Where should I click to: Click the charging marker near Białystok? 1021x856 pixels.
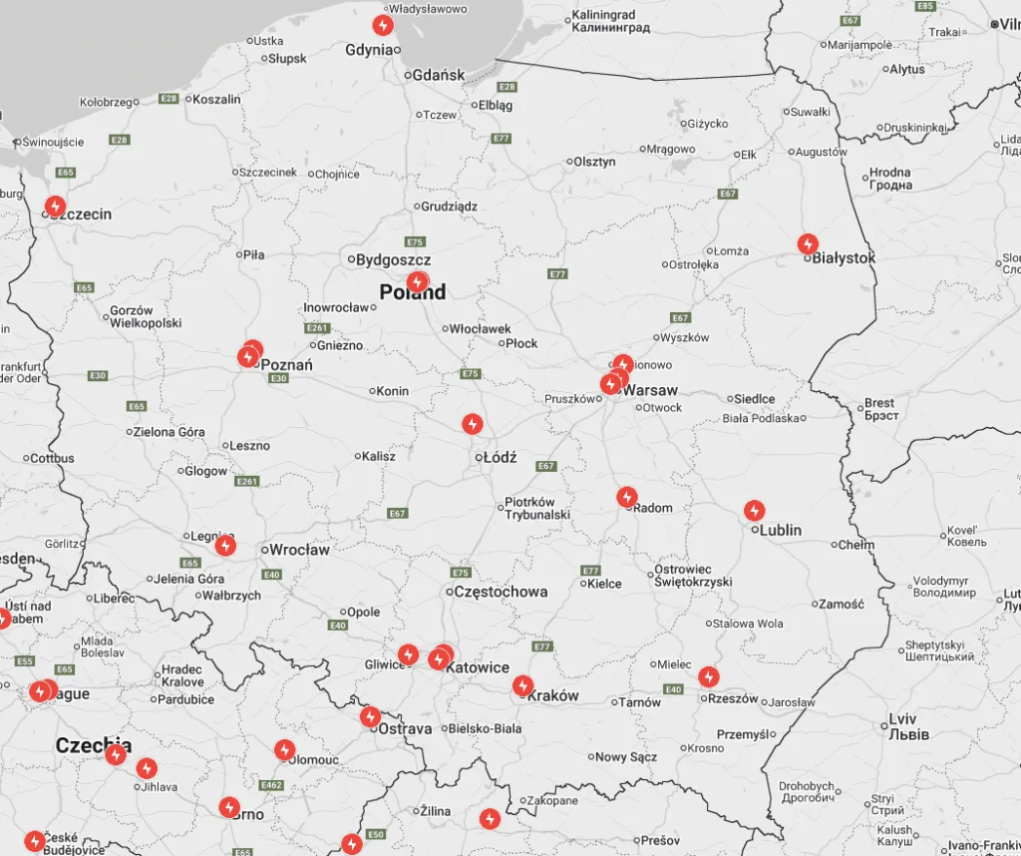click(x=808, y=243)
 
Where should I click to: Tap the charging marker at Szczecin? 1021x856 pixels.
click(x=56, y=207)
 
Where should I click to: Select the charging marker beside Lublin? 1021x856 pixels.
click(x=755, y=511)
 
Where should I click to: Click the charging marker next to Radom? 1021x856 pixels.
click(x=626, y=496)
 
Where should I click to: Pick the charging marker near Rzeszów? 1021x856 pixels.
click(x=708, y=676)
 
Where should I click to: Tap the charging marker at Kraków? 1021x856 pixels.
click(x=522, y=685)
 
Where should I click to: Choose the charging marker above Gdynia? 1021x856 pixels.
click(x=383, y=25)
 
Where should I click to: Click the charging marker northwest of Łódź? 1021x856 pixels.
click(x=473, y=424)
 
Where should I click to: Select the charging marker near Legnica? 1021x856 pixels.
click(x=226, y=545)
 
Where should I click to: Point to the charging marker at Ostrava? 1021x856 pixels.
click(x=370, y=716)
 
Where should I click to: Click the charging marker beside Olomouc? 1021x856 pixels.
click(x=285, y=749)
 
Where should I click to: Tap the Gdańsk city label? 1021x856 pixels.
click(x=439, y=75)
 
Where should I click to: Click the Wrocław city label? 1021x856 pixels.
click(x=299, y=550)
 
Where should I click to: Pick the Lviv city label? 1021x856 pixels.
click(x=902, y=719)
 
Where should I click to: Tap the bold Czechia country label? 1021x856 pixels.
click(x=93, y=745)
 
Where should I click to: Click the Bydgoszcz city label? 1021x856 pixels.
click(x=393, y=260)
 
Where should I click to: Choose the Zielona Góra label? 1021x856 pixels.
click(x=170, y=432)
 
